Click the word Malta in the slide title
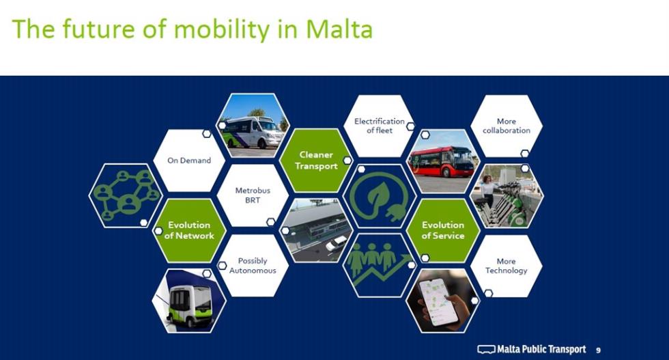coord(339,29)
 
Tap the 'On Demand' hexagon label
coord(189,161)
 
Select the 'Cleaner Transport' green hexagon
coord(316,160)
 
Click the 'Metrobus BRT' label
coord(253,195)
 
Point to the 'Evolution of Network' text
coord(189,230)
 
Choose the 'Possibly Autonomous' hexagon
coord(253,265)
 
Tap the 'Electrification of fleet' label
coord(380,126)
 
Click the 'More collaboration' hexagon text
coord(507,126)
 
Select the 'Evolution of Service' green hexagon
coord(443,230)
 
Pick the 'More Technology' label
coord(506,266)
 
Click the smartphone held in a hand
coord(438,301)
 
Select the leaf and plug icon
coord(380,196)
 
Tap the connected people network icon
coord(126,195)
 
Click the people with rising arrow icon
coord(380,264)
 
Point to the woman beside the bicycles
coord(489,191)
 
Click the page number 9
coord(598,350)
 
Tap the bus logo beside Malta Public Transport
coord(486,349)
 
